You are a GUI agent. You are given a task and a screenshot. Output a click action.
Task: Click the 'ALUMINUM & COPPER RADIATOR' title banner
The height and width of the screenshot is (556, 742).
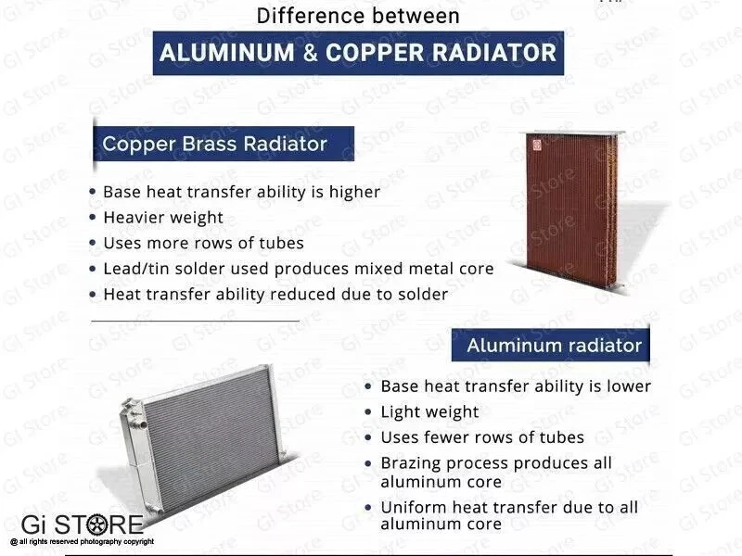[x=358, y=52]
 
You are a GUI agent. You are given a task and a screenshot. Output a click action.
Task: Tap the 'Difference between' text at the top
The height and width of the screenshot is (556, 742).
[x=357, y=16]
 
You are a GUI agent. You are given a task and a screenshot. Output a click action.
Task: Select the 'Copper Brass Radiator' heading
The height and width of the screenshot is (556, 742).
[x=214, y=145]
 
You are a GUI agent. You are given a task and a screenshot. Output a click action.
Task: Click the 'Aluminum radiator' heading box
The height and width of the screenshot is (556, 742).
[x=554, y=346]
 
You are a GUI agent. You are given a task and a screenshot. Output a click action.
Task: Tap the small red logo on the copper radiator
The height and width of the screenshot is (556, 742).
[x=535, y=143]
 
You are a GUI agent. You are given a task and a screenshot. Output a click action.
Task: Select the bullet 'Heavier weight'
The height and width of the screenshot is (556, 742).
[x=163, y=218]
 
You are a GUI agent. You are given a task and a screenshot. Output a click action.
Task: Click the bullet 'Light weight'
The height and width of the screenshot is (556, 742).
[x=429, y=412]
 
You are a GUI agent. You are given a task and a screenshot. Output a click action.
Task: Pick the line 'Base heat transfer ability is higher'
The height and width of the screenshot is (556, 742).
[x=241, y=192]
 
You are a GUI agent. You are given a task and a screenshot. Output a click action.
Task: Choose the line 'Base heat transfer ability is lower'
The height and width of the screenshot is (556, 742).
[x=516, y=386]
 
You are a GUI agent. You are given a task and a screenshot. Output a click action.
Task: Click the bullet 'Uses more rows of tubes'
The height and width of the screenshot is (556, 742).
[x=203, y=244]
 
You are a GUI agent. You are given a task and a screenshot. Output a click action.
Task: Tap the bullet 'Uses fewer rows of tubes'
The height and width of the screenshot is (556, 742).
[x=482, y=437]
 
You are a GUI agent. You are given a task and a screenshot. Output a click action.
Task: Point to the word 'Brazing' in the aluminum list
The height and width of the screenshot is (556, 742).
[x=411, y=463]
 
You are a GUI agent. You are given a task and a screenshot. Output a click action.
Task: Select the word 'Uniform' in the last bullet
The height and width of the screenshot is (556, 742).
[x=412, y=507]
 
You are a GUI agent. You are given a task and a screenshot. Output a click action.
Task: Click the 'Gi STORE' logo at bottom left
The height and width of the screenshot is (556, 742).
[x=83, y=525]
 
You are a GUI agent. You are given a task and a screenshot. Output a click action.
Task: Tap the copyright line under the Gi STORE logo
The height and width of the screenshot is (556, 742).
[x=83, y=541]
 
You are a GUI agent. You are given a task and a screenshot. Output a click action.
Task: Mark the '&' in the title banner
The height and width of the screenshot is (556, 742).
[x=309, y=53]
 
